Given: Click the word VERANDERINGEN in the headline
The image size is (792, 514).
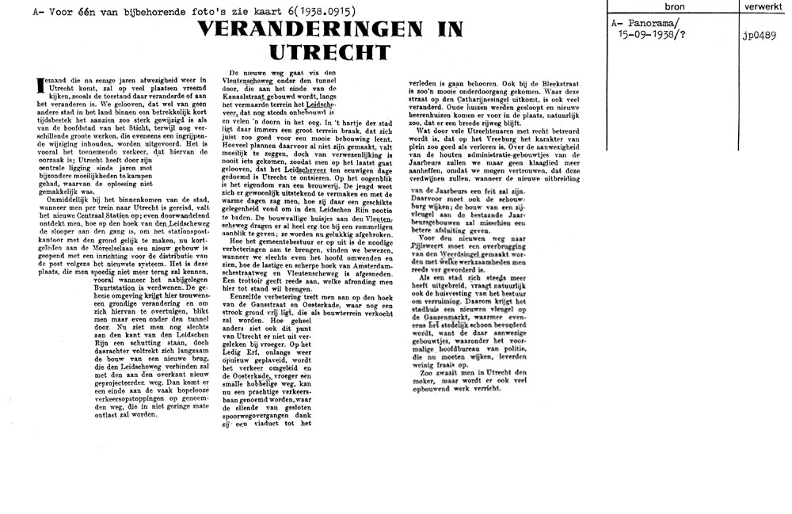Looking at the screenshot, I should [295, 31].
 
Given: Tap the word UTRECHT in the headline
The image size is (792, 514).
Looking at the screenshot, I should [330, 52].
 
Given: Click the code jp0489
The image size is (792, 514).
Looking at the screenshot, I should [759, 35].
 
